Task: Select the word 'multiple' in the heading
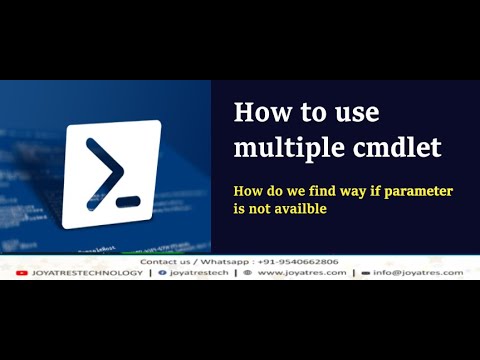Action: pyautogui.click(x=279, y=147)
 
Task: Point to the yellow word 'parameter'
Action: pyautogui.click(x=413, y=190)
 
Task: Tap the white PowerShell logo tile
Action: pyautogui.click(x=111, y=173)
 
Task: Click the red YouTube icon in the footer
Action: pyautogui.click(x=22, y=273)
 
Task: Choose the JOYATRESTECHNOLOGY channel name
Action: pyautogui.click(x=87, y=273)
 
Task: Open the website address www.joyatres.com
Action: pyautogui.click(x=302, y=273)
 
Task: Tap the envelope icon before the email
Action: pyautogui.click(x=366, y=273)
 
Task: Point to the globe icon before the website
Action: pyautogui.click(x=247, y=273)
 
